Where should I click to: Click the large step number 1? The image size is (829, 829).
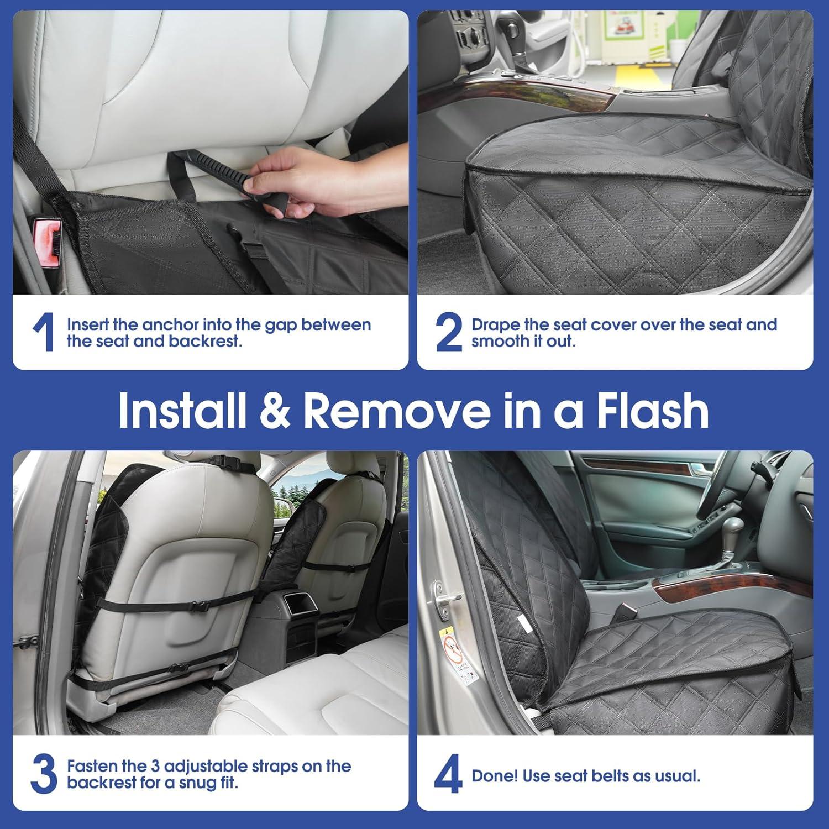[x=43, y=332]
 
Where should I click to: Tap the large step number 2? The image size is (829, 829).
[x=448, y=332]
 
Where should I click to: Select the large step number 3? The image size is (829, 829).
[x=44, y=774]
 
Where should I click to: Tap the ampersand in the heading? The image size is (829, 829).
[x=274, y=411]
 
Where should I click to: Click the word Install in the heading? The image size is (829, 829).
[x=182, y=411]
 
